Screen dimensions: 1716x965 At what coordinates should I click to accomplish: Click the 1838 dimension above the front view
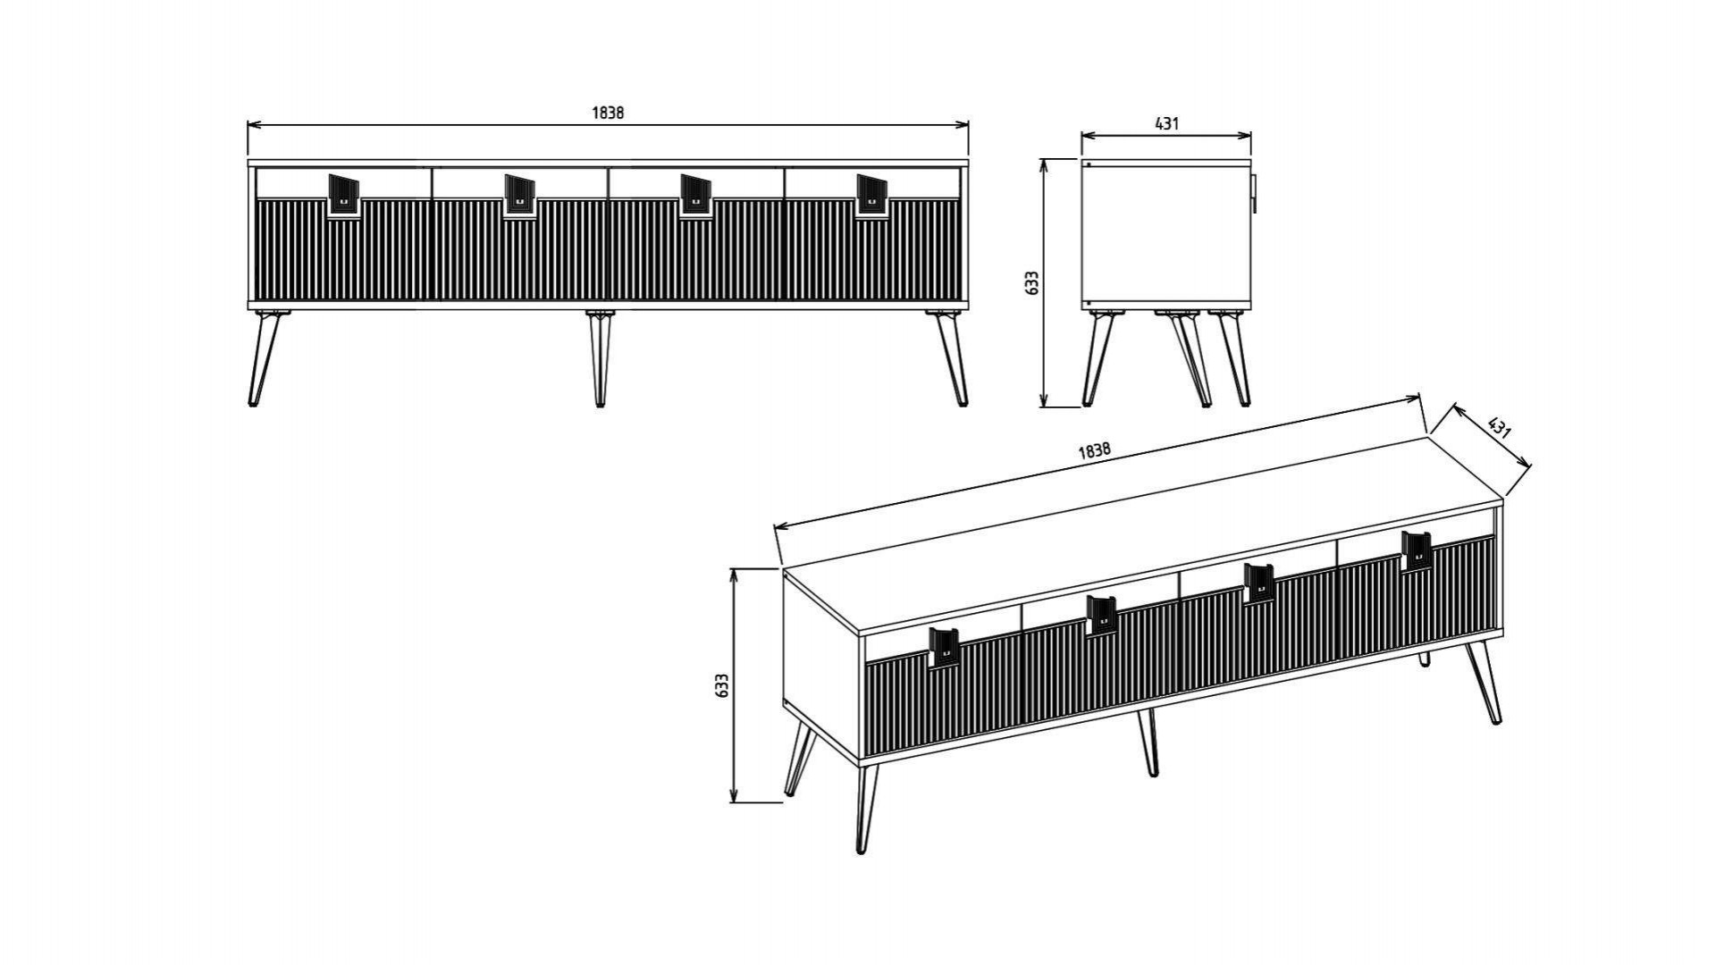(608, 113)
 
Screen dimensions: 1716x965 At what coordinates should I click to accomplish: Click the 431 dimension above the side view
(1166, 124)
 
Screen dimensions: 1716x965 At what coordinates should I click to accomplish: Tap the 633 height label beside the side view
(1033, 282)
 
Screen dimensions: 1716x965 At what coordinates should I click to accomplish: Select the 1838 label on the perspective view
(1094, 450)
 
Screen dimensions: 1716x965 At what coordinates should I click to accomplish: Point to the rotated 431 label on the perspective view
(1499, 427)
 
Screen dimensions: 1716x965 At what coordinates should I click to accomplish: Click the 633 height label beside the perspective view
(723, 685)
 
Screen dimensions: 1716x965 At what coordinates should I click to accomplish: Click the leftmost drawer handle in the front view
(344, 195)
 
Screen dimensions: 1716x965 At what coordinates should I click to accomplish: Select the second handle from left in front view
(520, 195)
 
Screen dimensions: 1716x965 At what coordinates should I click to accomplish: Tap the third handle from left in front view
(696, 195)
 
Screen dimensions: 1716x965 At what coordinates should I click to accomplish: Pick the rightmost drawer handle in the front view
(872, 195)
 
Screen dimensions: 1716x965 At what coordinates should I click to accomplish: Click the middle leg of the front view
(600, 358)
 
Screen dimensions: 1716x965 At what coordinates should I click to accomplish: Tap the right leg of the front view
(949, 358)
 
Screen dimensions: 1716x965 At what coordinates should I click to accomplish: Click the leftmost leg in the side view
(1098, 358)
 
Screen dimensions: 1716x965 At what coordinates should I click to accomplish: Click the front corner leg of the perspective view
(866, 807)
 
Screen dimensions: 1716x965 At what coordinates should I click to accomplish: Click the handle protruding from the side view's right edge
(1254, 194)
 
